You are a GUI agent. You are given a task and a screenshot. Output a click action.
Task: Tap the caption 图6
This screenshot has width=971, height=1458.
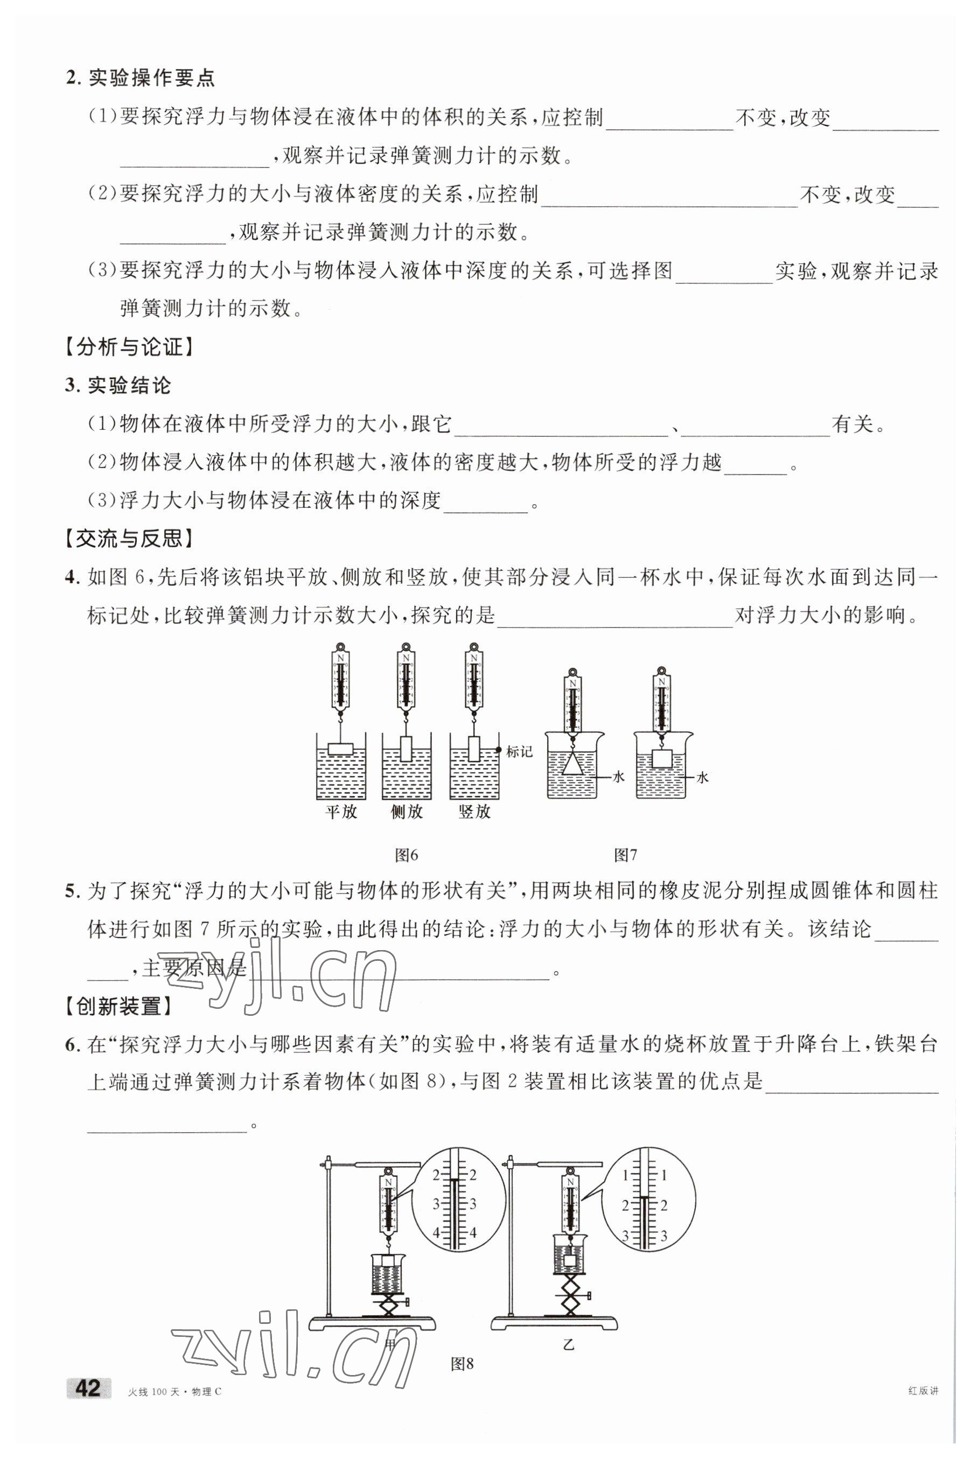406,855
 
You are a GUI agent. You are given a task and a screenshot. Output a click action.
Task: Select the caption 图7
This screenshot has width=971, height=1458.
625,855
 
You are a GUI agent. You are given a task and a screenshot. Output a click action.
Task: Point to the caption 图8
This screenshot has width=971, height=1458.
462,1363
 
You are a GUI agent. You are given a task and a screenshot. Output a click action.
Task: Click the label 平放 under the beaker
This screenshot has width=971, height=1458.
342,811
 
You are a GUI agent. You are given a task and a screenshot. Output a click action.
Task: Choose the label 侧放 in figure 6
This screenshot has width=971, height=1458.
406,811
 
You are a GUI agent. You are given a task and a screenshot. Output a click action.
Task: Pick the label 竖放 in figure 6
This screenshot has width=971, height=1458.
474,811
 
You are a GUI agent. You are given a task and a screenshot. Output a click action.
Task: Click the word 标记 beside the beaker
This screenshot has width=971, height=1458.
519,752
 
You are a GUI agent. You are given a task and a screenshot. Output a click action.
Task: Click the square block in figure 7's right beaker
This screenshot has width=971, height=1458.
662,759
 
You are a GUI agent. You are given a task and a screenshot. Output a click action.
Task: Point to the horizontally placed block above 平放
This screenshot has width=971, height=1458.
340,749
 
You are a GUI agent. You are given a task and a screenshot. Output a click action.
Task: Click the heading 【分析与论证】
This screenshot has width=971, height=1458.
129,347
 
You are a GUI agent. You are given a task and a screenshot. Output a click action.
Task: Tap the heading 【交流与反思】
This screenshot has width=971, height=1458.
129,539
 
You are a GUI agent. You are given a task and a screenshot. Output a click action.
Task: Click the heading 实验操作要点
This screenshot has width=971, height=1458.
152,78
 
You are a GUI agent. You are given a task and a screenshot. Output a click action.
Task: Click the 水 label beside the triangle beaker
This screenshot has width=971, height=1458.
618,777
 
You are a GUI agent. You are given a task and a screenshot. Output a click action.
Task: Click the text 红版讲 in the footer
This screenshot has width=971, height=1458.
923,1391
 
